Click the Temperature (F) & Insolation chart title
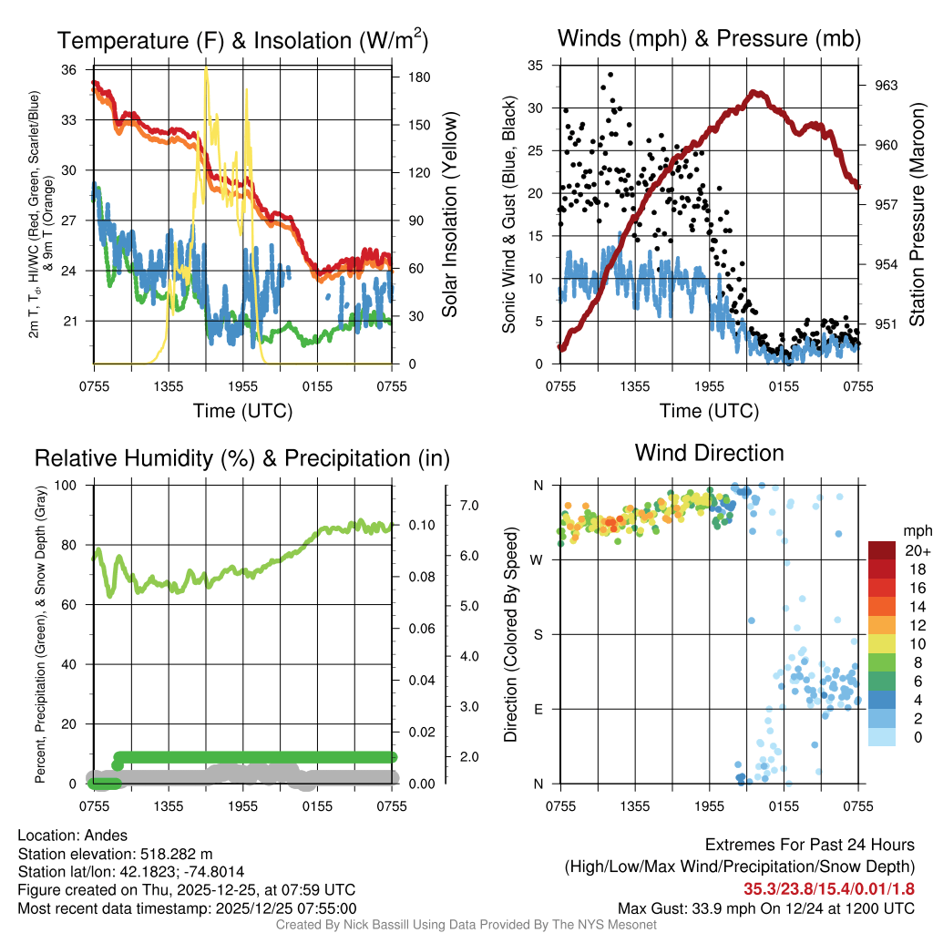pos(242,40)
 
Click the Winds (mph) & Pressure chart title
pos(710,38)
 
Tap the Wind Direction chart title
pos(709,453)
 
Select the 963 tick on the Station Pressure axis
pos(887,86)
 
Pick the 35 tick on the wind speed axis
pos(536,66)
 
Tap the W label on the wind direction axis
pos(538,559)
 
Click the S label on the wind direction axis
pos(538,634)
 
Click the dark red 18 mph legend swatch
pos(881,569)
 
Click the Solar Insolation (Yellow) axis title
pos(449,215)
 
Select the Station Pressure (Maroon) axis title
pos(917,215)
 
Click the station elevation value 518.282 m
pos(176,854)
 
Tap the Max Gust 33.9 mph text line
pos(766,907)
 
